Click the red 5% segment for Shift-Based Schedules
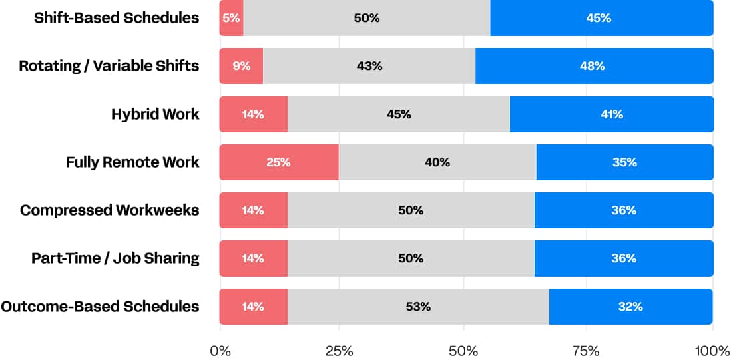tap(231, 18)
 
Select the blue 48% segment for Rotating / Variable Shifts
tap(594, 66)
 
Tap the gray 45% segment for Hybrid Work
tap(399, 114)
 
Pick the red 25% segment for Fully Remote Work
tap(279, 162)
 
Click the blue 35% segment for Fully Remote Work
tap(625, 162)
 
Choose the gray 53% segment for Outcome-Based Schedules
tap(418, 307)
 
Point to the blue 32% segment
tap(631, 307)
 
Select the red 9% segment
tap(241, 66)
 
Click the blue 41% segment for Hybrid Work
tap(612, 114)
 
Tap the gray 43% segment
tap(369, 66)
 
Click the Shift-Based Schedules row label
tap(117, 18)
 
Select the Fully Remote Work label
tap(132, 162)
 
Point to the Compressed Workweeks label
tap(109, 210)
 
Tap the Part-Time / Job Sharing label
tap(115, 258)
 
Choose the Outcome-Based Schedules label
tap(100, 307)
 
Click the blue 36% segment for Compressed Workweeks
tap(624, 210)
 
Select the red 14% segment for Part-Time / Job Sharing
tap(253, 258)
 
